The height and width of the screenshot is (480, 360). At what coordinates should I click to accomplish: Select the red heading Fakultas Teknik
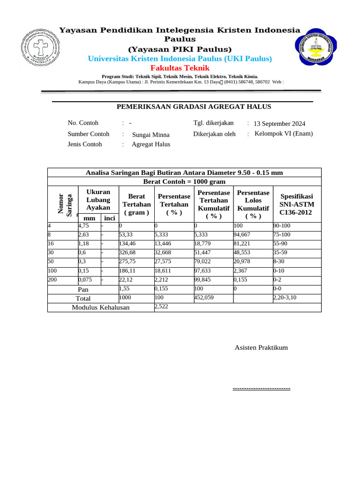click(180, 68)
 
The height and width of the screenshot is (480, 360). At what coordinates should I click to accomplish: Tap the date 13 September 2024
click(279, 124)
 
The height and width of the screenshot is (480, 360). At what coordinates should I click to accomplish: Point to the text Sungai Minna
click(151, 135)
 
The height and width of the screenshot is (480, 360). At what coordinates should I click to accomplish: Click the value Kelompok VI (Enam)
click(284, 134)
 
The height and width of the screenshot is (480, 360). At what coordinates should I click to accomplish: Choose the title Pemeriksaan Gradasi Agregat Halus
click(194, 107)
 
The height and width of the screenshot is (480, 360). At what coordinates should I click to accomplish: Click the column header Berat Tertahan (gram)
click(136, 204)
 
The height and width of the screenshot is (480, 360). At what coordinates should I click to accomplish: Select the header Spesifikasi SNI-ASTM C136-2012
click(296, 204)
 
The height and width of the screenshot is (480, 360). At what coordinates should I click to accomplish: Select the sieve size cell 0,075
click(89, 280)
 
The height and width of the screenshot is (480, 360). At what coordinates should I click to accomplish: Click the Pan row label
click(83, 290)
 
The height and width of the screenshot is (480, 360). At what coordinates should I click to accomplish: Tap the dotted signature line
click(262, 388)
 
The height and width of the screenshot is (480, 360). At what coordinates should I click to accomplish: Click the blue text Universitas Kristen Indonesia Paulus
click(180, 59)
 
